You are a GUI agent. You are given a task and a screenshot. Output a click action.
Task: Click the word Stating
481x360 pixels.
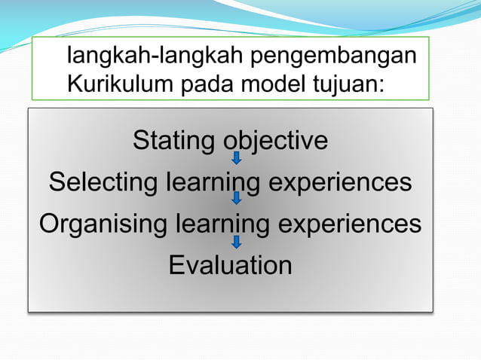173,141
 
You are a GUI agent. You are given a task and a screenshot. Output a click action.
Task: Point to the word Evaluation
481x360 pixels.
230,265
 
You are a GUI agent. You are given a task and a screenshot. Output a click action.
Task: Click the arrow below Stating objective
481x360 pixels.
236,157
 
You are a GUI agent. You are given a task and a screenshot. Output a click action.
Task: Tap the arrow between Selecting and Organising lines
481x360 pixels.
236,199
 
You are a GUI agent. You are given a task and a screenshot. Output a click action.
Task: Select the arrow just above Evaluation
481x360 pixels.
236,241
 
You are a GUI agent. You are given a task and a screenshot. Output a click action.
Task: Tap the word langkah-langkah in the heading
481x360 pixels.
156,56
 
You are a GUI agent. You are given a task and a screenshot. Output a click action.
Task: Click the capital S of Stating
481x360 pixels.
141,141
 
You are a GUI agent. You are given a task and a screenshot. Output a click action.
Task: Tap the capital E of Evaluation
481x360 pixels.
176,265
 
